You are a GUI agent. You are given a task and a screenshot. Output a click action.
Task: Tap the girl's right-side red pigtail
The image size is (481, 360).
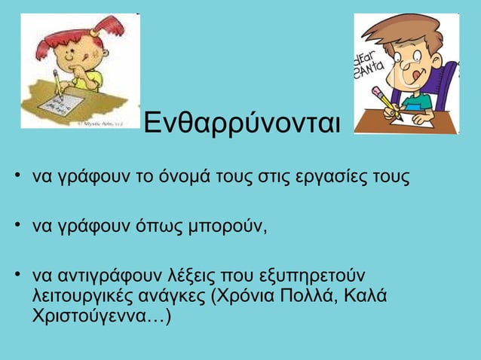[x=112, y=32]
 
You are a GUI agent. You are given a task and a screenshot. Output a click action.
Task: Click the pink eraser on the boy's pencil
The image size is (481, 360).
[x=377, y=93]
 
